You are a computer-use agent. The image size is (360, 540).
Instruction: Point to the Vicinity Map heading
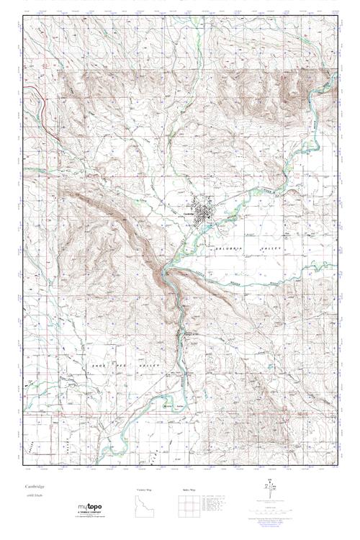click(145, 490)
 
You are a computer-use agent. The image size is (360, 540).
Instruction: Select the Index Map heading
click(189, 490)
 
